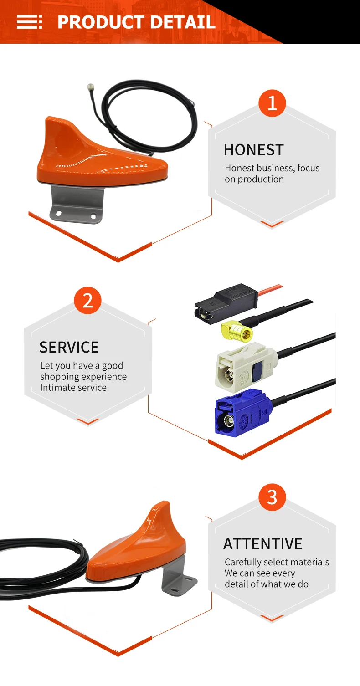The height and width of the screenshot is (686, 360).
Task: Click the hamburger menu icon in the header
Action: click(x=29, y=22)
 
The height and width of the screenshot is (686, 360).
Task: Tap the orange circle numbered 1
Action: click(x=272, y=103)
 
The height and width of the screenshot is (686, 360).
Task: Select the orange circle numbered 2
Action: click(x=87, y=301)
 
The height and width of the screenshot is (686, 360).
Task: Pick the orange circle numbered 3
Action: click(x=272, y=497)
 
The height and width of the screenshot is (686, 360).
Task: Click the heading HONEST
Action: click(x=253, y=150)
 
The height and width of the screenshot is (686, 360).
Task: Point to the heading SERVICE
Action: click(x=69, y=347)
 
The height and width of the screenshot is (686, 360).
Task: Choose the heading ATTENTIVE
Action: click(x=262, y=543)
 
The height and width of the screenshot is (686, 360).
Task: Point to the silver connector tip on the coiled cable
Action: click(x=91, y=86)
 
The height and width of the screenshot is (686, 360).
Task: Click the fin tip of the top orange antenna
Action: click(x=51, y=121)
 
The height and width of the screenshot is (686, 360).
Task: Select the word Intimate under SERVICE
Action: click(x=57, y=388)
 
